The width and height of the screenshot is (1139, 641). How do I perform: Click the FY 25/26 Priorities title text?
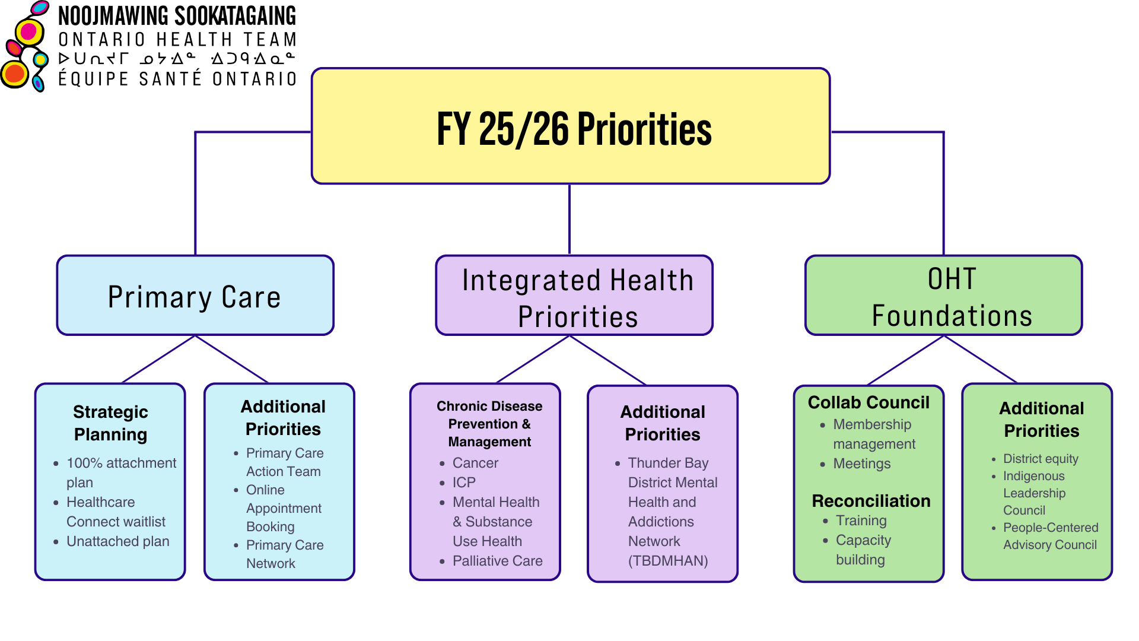click(x=574, y=129)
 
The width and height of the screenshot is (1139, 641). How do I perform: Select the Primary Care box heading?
click(x=194, y=297)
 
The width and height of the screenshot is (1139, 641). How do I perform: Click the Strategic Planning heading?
click(x=110, y=423)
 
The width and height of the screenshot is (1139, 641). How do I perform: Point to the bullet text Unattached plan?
click(x=117, y=541)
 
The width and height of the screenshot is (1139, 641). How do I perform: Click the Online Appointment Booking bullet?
click(x=283, y=508)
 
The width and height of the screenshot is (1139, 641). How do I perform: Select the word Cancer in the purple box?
click(x=475, y=463)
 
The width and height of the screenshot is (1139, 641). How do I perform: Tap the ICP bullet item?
click(x=464, y=483)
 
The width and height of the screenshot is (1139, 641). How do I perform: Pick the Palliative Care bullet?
click(x=497, y=561)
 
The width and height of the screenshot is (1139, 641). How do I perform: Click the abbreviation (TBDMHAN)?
click(x=668, y=561)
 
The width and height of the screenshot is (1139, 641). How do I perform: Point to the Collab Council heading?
click(x=868, y=402)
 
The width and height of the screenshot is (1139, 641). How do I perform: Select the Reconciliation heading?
click(x=871, y=501)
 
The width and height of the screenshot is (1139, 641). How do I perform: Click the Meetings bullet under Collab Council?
click(x=861, y=464)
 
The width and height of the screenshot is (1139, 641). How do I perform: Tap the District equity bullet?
click(x=1041, y=459)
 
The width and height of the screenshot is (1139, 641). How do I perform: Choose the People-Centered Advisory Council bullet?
click(x=1050, y=536)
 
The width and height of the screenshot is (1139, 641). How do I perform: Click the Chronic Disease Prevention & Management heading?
click(x=489, y=424)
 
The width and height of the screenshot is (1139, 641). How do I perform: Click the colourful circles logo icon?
click(x=25, y=47)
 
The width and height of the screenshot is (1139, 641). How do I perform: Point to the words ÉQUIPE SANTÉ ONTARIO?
click(x=177, y=79)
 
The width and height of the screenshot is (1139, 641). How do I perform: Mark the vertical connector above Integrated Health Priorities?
click(x=569, y=220)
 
